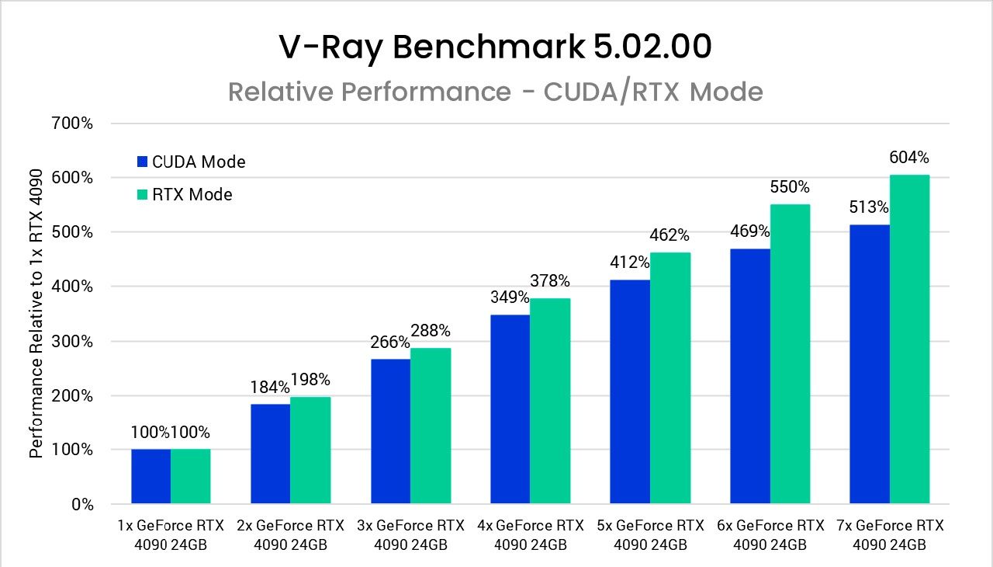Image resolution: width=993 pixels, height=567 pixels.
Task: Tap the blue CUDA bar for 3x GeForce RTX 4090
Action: pos(390,431)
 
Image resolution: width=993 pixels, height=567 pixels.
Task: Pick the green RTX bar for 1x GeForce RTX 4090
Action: pos(191,476)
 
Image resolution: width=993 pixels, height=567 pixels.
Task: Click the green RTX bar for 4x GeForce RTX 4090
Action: pos(550,401)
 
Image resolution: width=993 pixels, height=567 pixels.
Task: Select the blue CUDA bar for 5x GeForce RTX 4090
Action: pos(630,391)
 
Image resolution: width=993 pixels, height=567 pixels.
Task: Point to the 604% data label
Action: pos(909,158)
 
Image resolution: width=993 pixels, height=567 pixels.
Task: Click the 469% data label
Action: pos(750,231)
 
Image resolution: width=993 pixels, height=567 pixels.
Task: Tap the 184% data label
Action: pos(270,386)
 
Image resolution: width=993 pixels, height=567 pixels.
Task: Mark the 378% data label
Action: pos(550,280)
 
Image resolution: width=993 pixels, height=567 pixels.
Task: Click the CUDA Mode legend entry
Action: pos(191,162)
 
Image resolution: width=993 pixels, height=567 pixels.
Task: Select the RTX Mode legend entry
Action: pos(185,194)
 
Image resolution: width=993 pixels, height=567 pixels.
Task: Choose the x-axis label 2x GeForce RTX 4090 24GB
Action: pos(290,535)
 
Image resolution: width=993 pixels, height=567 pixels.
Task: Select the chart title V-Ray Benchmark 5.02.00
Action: pos(496,47)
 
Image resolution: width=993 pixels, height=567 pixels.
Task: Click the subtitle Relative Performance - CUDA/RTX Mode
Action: pos(496,92)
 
